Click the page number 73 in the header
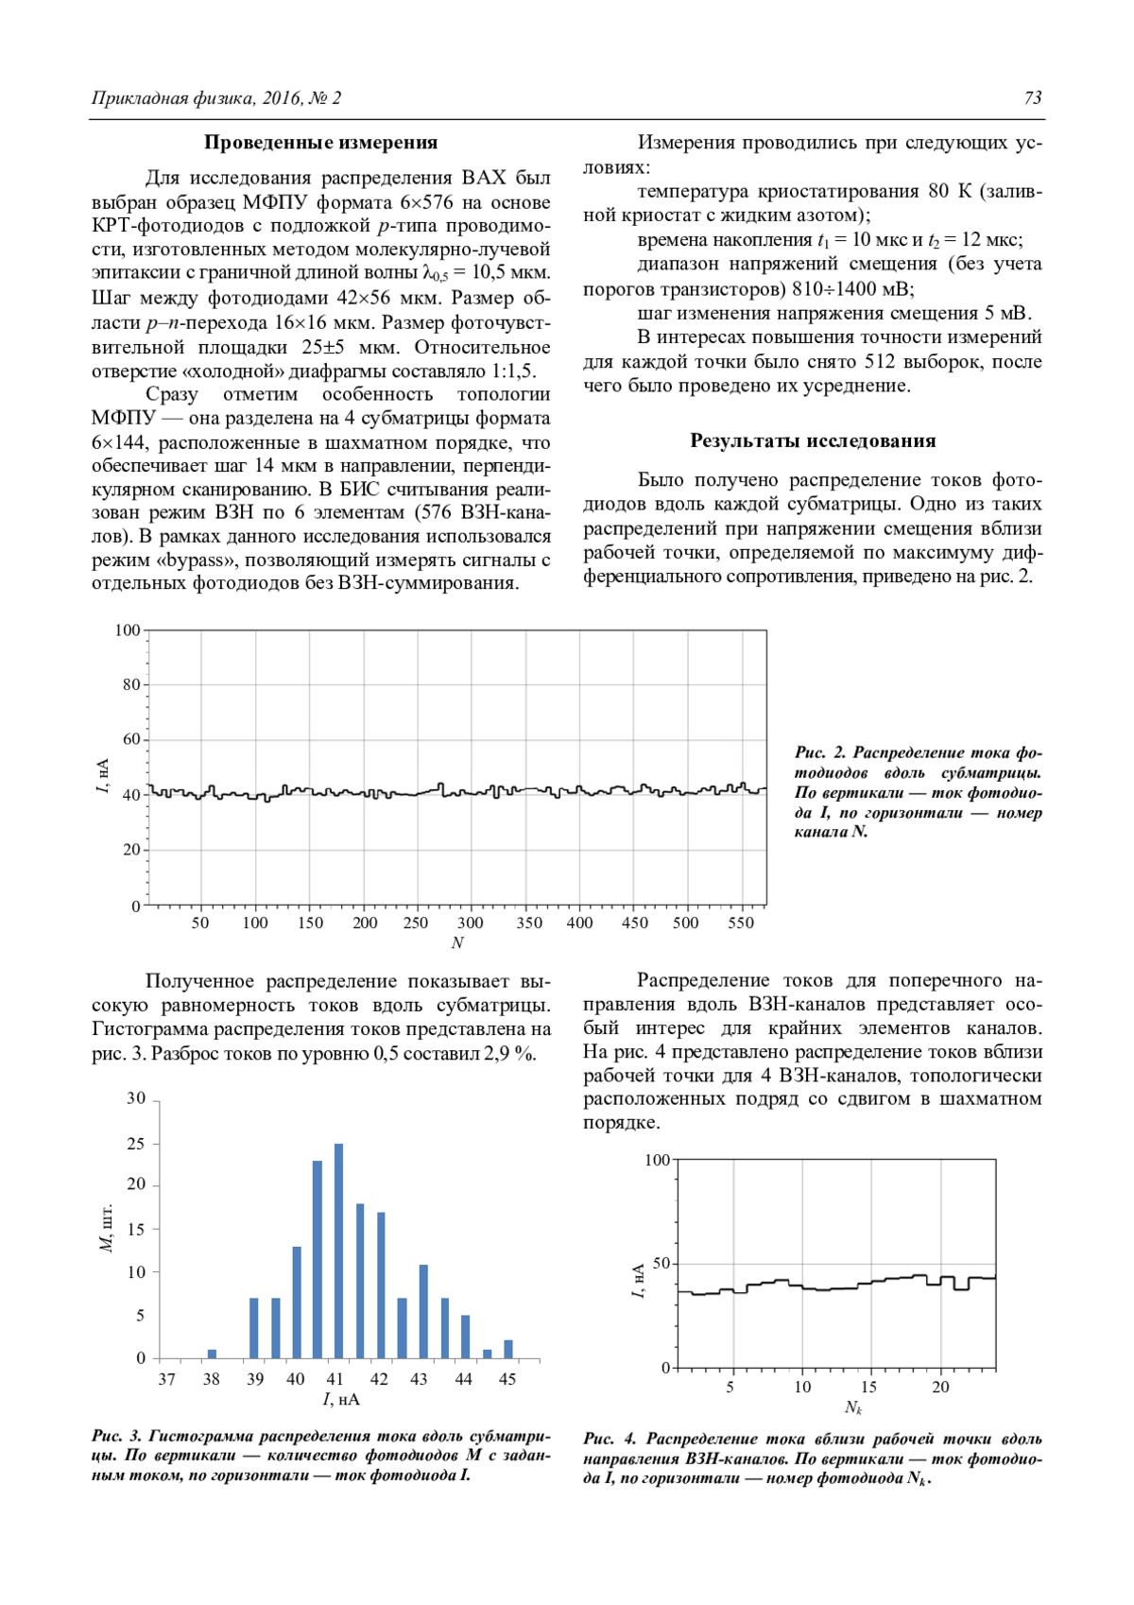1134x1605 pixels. coord(1032,98)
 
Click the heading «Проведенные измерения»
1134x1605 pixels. coord(320,143)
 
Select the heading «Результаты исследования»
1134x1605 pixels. coord(812,440)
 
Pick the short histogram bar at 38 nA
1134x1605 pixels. coord(212,1354)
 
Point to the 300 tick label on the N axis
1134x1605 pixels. coord(470,923)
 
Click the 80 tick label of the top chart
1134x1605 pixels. coord(130,684)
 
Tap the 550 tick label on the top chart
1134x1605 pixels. coord(741,923)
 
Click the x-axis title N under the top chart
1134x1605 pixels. coord(457,942)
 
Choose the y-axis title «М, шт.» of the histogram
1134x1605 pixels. coord(106,1229)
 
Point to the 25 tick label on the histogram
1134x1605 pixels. coord(136,1144)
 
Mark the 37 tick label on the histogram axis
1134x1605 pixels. coord(167,1379)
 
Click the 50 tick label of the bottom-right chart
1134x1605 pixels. coord(660,1264)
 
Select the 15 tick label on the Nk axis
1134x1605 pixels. coord(868,1387)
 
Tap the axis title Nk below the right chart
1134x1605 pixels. coord(853,1407)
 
